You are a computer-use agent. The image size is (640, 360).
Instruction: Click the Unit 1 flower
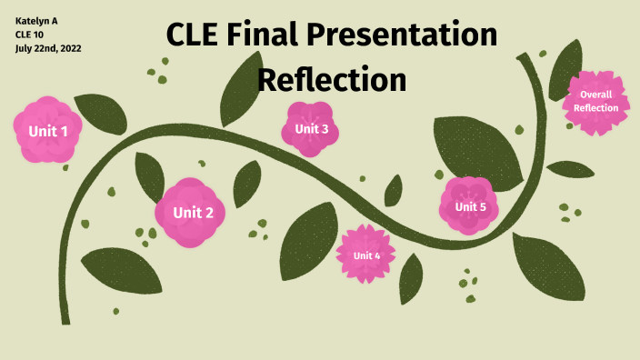point(48,130)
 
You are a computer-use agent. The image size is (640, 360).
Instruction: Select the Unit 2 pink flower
point(189,213)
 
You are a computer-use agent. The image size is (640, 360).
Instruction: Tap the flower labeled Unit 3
point(311,128)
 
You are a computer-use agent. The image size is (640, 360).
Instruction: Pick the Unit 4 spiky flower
point(366,255)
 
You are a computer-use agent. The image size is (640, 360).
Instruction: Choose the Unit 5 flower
point(469,206)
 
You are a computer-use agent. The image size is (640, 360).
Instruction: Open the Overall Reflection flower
point(596,101)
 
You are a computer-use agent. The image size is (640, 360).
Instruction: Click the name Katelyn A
point(36,20)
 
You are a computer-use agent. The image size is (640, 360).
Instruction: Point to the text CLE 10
point(29,34)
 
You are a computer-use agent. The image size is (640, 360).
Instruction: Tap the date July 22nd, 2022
point(48,48)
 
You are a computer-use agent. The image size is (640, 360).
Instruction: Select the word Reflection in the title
point(331,79)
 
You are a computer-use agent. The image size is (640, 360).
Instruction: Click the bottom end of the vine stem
point(65,318)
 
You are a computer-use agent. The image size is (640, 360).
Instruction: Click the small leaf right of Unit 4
point(411,277)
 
